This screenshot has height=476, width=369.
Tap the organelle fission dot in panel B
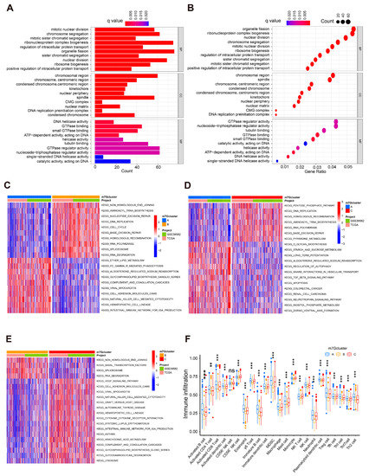[351, 30]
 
